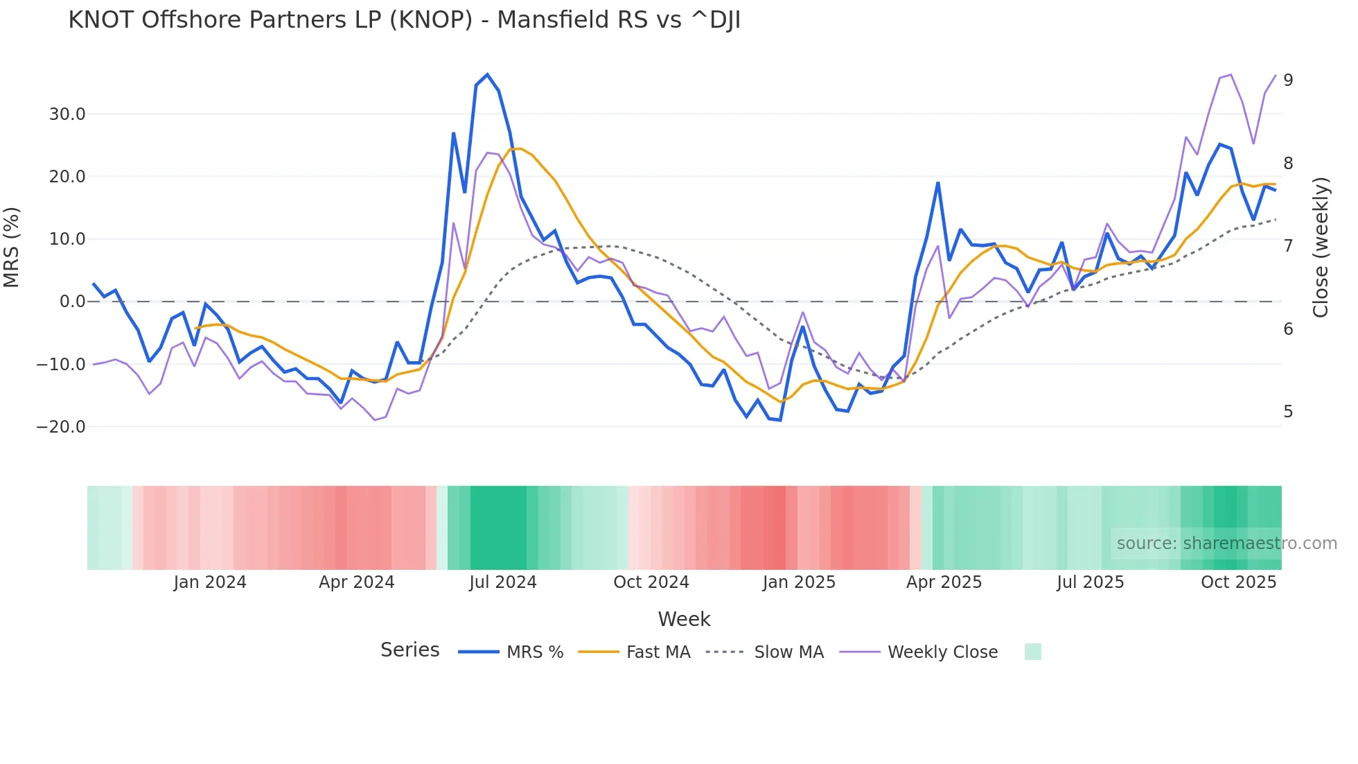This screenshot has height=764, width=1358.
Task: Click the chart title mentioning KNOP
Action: tap(404, 20)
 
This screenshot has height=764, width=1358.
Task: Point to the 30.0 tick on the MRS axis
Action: tap(67, 114)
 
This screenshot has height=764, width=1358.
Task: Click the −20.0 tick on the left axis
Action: tap(61, 427)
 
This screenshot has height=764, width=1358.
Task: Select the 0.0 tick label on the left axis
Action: tap(72, 302)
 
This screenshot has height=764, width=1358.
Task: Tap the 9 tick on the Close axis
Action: tap(1288, 80)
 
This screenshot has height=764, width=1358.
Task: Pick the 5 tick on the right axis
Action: tap(1288, 412)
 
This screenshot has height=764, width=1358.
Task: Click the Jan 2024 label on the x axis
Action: tap(210, 582)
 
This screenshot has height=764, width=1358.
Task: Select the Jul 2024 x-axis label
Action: tap(503, 582)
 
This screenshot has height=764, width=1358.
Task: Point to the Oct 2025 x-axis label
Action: tap(1238, 582)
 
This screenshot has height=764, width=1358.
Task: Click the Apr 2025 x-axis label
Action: tap(944, 582)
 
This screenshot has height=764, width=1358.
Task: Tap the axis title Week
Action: tap(684, 619)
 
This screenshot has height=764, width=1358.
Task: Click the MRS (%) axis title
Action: tap(12, 247)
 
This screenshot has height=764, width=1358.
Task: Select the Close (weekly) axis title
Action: tap(1321, 247)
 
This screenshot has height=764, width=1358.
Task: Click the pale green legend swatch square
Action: tap(1032, 652)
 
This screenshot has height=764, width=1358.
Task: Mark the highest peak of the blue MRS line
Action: tap(487, 74)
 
